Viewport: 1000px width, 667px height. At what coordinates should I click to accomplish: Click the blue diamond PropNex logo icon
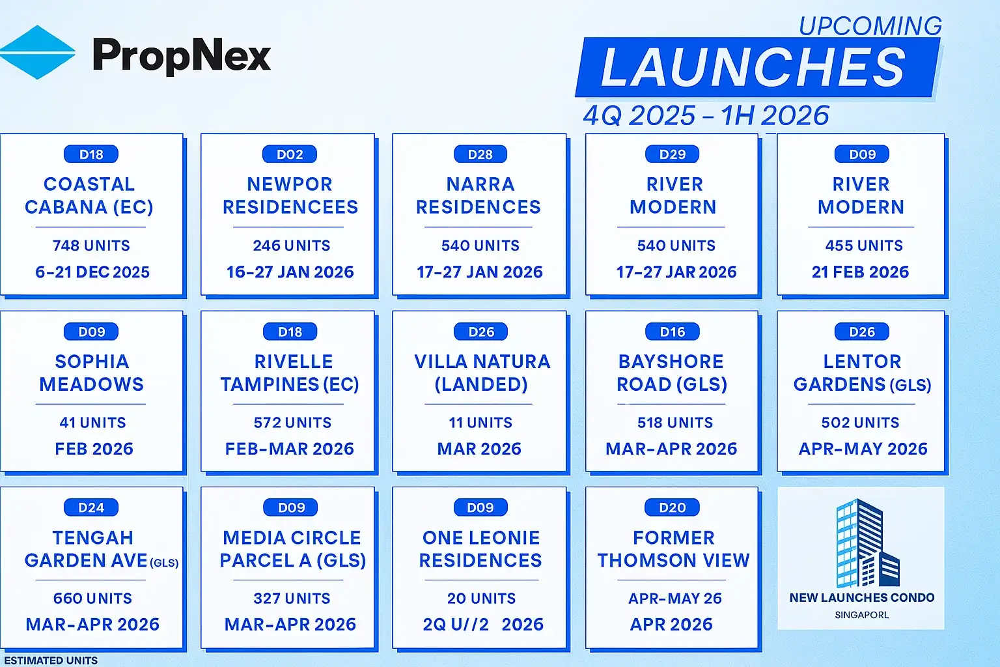[37, 52]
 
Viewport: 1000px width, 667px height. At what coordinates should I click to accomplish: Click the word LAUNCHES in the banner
[753, 68]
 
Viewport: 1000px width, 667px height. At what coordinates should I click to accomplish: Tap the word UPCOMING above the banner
[870, 26]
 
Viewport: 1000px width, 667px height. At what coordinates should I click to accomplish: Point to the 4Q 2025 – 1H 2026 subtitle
[706, 116]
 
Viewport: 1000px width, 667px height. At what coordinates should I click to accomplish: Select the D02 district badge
[290, 154]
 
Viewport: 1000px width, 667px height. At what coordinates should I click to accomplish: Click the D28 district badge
[480, 154]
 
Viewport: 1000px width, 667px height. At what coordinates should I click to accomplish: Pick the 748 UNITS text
[91, 246]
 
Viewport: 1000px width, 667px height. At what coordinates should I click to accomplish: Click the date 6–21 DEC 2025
[92, 272]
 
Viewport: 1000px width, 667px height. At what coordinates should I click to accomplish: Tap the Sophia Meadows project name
[92, 373]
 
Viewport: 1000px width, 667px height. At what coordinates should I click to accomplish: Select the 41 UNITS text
[92, 423]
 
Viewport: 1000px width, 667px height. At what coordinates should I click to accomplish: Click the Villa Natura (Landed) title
[482, 373]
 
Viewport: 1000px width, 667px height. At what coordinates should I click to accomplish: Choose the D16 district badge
[673, 332]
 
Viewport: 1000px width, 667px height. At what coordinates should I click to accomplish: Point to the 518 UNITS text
[675, 423]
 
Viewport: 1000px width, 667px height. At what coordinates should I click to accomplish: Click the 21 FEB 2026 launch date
[860, 272]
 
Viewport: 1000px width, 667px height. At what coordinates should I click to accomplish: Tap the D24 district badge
[91, 507]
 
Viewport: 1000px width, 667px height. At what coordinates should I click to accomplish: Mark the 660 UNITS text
[92, 599]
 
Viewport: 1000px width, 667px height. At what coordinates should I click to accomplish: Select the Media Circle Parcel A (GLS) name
[292, 549]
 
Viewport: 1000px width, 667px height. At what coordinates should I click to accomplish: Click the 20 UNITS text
[481, 599]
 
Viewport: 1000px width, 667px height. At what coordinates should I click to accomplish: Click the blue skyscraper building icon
[867, 543]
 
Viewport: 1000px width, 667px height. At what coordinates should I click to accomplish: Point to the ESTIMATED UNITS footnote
[51, 660]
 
